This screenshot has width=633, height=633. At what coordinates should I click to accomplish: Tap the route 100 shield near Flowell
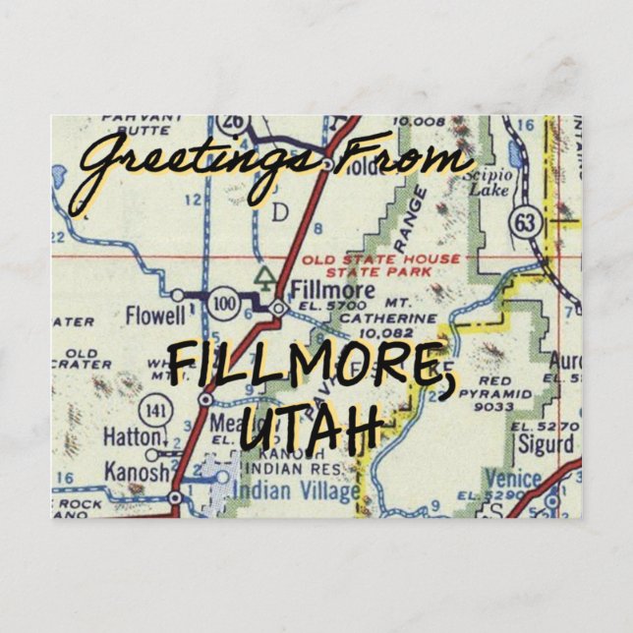click(225, 303)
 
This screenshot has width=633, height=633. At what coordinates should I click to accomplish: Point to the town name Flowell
click(153, 316)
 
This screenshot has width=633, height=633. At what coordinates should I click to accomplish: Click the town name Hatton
click(134, 435)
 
